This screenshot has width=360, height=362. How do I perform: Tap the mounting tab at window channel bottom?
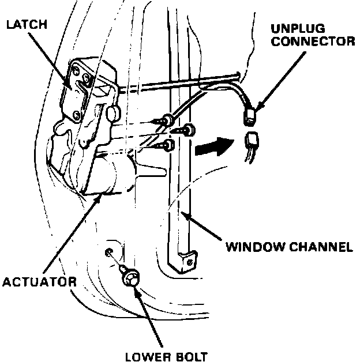click(x=188, y=263)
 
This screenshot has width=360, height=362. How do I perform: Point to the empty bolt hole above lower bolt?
click(x=108, y=252)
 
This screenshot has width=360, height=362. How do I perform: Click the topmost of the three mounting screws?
click(x=167, y=119)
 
